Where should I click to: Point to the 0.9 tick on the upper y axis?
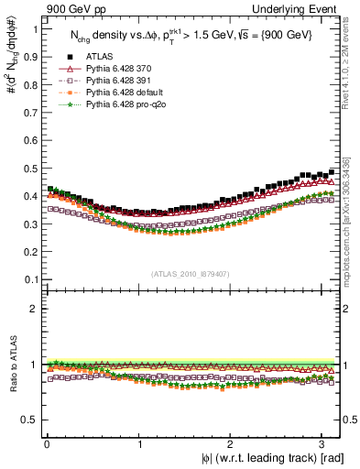pyautogui.click(x=30, y=57)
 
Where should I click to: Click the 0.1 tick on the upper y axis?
pyautogui.click(x=30, y=279)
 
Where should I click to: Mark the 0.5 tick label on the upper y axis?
pyautogui.click(x=30, y=169)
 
